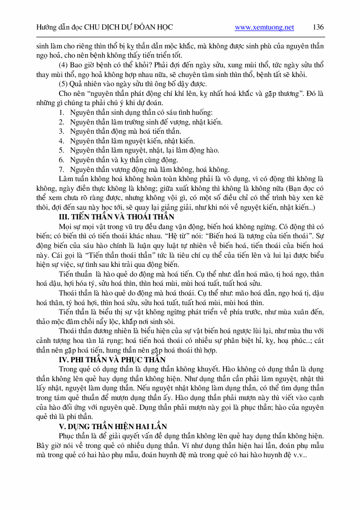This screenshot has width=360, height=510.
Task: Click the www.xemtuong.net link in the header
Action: pyautogui.click(x=264, y=28)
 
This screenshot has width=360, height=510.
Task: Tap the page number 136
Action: pyautogui.click(x=318, y=27)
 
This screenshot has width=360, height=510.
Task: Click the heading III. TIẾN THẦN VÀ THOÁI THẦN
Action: pyautogui.click(x=116, y=216)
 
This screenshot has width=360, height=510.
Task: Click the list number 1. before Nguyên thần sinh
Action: pyautogui.click(x=61, y=112)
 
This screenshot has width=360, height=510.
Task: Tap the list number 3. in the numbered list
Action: pyautogui.click(x=61, y=131)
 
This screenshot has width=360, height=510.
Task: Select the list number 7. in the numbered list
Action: pyautogui.click(x=61, y=170)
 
